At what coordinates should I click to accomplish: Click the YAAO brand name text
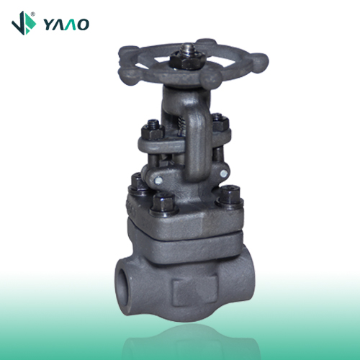click(x=66, y=24)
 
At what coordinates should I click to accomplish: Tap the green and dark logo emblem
click(x=24, y=23)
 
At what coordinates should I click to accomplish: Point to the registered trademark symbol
click(x=33, y=14)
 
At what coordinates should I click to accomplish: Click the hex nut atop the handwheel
click(x=187, y=60)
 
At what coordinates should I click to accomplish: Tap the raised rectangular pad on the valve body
click(x=194, y=289)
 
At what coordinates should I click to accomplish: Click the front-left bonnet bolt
click(x=163, y=204)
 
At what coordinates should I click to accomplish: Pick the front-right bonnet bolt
click(x=230, y=197)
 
